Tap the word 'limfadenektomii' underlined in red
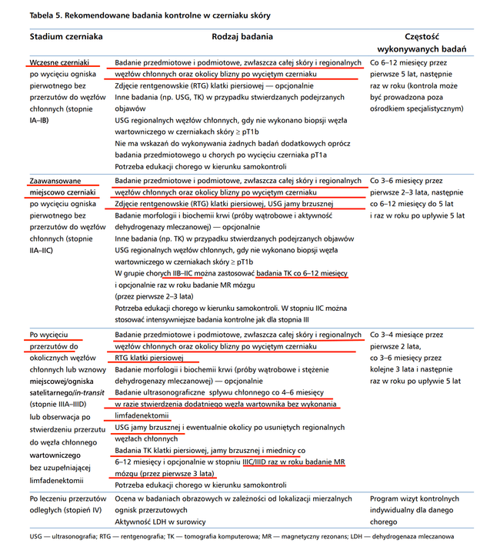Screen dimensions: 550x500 143,415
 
